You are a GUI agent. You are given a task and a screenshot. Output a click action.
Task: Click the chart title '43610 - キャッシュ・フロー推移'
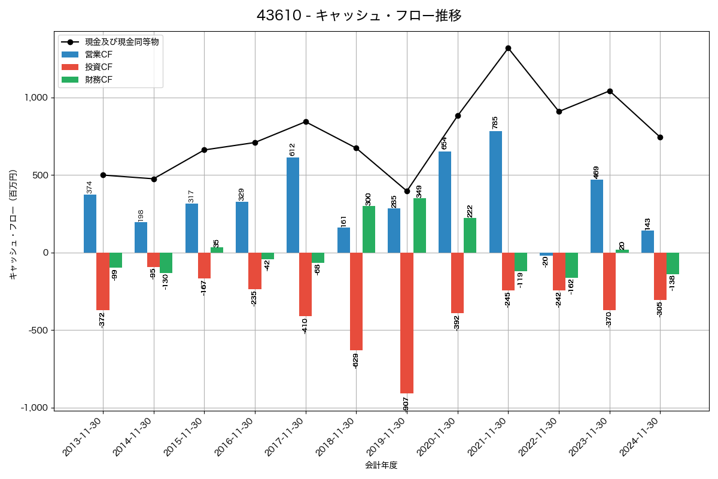(359, 16)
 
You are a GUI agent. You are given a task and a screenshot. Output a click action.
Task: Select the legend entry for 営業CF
(99, 54)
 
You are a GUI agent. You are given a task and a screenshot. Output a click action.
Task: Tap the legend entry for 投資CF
(99, 67)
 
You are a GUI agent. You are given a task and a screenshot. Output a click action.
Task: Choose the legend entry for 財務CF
(99, 80)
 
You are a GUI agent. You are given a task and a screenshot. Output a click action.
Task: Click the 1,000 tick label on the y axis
(35, 98)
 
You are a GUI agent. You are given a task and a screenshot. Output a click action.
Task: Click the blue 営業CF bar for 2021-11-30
(495, 192)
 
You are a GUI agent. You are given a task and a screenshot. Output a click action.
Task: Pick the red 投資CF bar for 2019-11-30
(407, 323)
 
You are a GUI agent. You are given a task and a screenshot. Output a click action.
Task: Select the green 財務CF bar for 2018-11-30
(369, 229)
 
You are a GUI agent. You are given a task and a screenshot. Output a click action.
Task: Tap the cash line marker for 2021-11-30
(508, 48)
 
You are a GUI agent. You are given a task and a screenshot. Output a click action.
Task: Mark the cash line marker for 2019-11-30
(407, 191)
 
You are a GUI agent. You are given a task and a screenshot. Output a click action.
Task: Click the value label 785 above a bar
(495, 122)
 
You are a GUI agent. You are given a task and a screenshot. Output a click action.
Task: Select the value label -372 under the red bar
(102, 320)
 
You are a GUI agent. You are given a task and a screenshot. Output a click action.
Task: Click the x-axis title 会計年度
(381, 465)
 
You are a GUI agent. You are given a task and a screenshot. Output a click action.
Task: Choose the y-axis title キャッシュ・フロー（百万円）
(13, 225)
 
